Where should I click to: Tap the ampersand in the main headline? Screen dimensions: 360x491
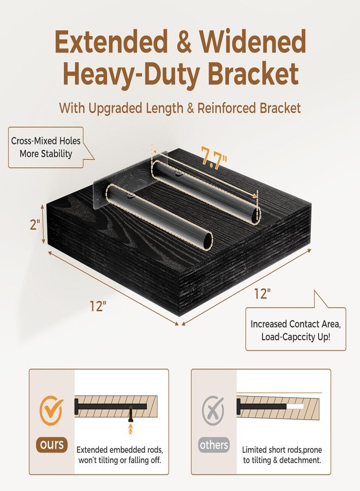[x=184, y=42]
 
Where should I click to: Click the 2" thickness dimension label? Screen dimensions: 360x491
[x=35, y=225]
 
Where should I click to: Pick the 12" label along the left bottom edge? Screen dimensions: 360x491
[x=98, y=306]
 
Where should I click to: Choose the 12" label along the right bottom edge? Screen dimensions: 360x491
[x=262, y=294]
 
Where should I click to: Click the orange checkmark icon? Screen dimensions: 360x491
[x=51, y=410]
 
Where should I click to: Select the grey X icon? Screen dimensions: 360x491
[x=213, y=410]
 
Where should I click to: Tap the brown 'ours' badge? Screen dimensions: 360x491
[x=52, y=444]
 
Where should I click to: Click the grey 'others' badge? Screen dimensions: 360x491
[x=214, y=445]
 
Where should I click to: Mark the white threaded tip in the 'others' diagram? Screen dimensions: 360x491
[x=295, y=408]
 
